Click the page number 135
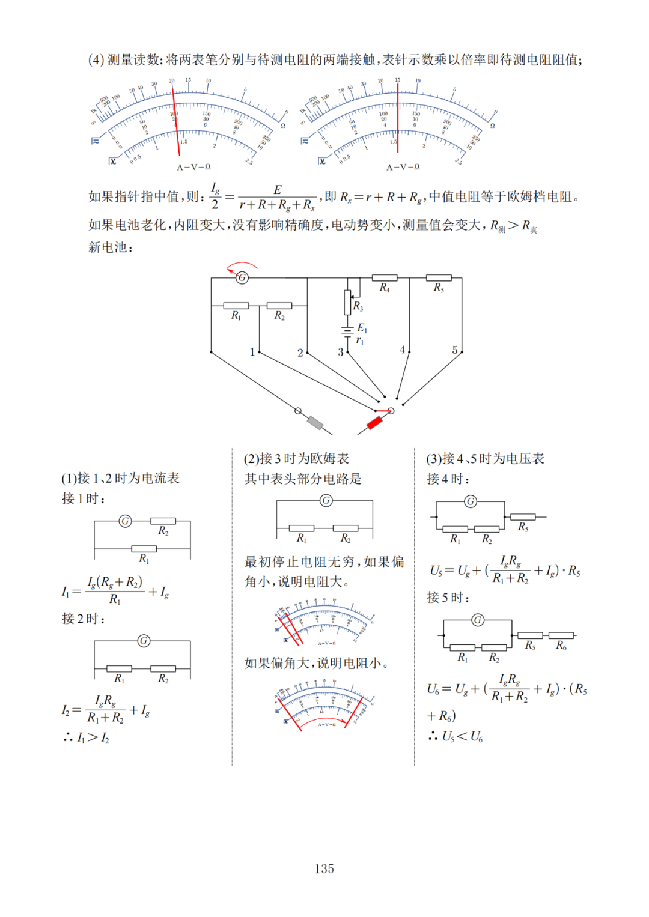click(x=324, y=868)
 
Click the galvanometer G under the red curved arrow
click(x=242, y=277)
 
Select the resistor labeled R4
click(x=385, y=278)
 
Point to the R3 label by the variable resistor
click(x=358, y=306)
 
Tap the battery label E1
click(x=362, y=328)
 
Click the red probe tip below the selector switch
click(x=374, y=422)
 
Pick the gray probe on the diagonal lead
click(x=315, y=422)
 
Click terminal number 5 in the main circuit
click(x=455, y=350)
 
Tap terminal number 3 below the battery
click(x=340, y=352)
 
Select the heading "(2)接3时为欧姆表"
click(x=296, y=459)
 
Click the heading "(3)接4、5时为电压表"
click(x=485, y=459)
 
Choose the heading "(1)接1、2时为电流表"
click(x=120, y=478)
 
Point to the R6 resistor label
click(x=561, y=646)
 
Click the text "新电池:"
click(x=111, y=247)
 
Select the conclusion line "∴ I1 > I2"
click(x=87, y=737)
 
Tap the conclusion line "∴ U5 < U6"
click(x=456, y=736)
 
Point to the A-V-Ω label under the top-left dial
click(x=193, y=167)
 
